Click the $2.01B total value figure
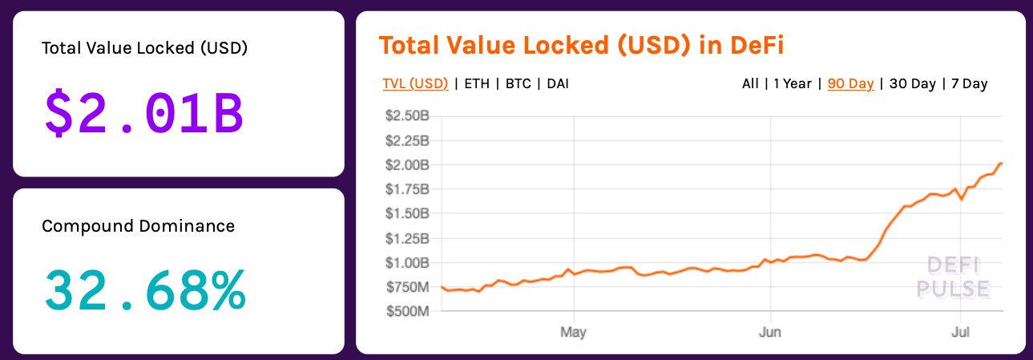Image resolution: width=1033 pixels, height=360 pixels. (x=144, y=114)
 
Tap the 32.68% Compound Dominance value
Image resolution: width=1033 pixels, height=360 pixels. (x=145, y=290)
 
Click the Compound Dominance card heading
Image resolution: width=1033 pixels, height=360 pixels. (x=138, y=226)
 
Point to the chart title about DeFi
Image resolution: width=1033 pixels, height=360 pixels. (x=581, y=45)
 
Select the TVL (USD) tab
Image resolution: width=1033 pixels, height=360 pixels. (x=415, y=83)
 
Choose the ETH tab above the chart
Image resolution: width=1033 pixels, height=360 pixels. (x=475, y=83)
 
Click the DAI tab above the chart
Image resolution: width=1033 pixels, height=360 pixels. (x=558, y=83)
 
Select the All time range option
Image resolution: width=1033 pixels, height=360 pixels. (x=750, y=83)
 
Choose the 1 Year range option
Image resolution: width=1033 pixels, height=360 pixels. (x=793, y=83)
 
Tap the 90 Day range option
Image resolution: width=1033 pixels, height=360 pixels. (x=850, y=83)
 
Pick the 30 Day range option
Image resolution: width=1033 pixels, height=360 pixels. (x=912, y=83)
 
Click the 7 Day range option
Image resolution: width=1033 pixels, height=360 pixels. (x=970, y=83)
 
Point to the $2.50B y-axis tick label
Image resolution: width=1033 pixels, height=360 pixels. (x=408, y=116)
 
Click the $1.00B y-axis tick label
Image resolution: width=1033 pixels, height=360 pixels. (x=408, y=262)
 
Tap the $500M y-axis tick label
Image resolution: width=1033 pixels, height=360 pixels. (x=410, y=311)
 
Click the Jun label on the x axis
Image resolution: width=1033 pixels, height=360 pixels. (x=770, y=331)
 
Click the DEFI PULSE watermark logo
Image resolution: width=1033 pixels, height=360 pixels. (x=958, y=277)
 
